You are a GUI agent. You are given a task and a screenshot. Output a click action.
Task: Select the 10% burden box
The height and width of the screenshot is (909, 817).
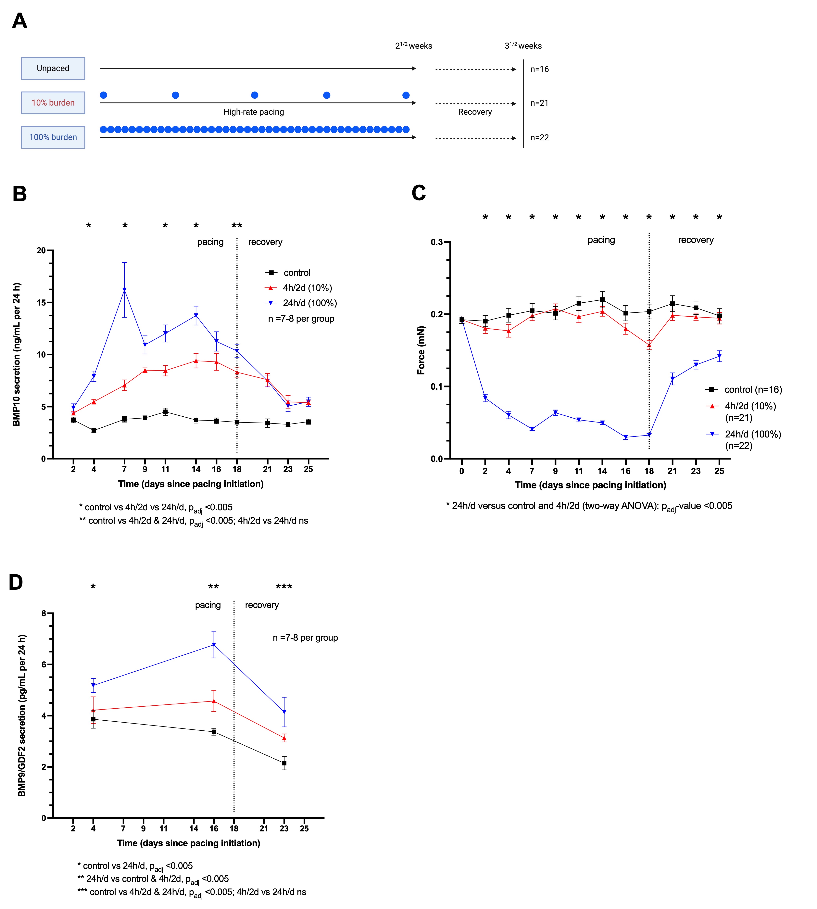point(53,103)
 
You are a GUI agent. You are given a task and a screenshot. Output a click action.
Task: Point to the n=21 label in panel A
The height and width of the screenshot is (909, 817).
point(539,103)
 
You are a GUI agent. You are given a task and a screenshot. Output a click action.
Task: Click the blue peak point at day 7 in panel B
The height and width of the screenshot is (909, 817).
point(124,290)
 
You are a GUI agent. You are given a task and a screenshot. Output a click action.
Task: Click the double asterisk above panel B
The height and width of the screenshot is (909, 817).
point(237,226)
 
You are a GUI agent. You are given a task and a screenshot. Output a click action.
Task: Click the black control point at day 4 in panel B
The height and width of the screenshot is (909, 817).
point(94,431)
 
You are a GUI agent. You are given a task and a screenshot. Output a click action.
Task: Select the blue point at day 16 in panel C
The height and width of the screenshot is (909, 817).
point(625,437)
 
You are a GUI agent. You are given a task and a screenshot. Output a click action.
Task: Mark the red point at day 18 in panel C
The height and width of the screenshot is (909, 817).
point(649,345)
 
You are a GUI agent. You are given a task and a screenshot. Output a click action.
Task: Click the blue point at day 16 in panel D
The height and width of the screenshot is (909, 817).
point(214,645)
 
